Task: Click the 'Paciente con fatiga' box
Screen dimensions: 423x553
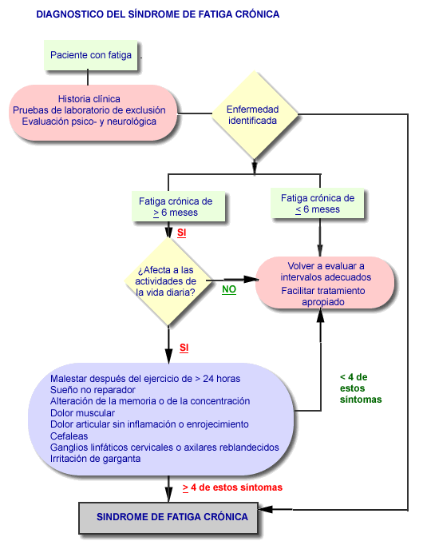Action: pyautogui.click(x=90, y=55)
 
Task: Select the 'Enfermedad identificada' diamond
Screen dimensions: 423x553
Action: pyautogui.click(x=255, y=114)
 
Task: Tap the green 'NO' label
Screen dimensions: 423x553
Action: pyautogui.click(x=229, y=289)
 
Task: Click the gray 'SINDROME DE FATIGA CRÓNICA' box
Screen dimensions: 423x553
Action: pyautogui.click(x=168, y=517)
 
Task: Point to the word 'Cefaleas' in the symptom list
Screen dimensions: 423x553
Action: pyautogui.click(x=69, y=436)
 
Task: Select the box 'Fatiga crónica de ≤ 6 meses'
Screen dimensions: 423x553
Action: pyautogui.click(x=318, y=203)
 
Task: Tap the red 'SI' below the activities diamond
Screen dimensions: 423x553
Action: pyautogui.click(x=184, y=348)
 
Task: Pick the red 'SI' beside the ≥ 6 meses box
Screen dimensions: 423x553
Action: pyautogui.click(x=181, y=233)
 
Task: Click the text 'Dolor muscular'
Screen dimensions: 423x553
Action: pyautogui.click(x=82, y=413)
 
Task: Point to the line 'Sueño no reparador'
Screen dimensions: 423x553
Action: pyautogui.click(x=93, y=390)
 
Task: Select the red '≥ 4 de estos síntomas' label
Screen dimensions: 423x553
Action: pyautogui.click(x=232, y=487)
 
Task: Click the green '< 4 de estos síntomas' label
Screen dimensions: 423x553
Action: pyautogui.click(x=361, y=388)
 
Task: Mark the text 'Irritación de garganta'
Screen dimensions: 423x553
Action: pyautogui.click(x=95, y=459)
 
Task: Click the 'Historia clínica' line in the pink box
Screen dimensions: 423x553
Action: pyautogui.click(x=89, y=99)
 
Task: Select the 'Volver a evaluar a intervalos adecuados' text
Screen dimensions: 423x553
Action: pyautogui.click(x=326, y=272)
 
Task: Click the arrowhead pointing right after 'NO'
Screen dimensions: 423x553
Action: pyautogui.click(x=251, y=280)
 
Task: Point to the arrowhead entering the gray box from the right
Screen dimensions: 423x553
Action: pyautogui.click(x=266, y=509)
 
